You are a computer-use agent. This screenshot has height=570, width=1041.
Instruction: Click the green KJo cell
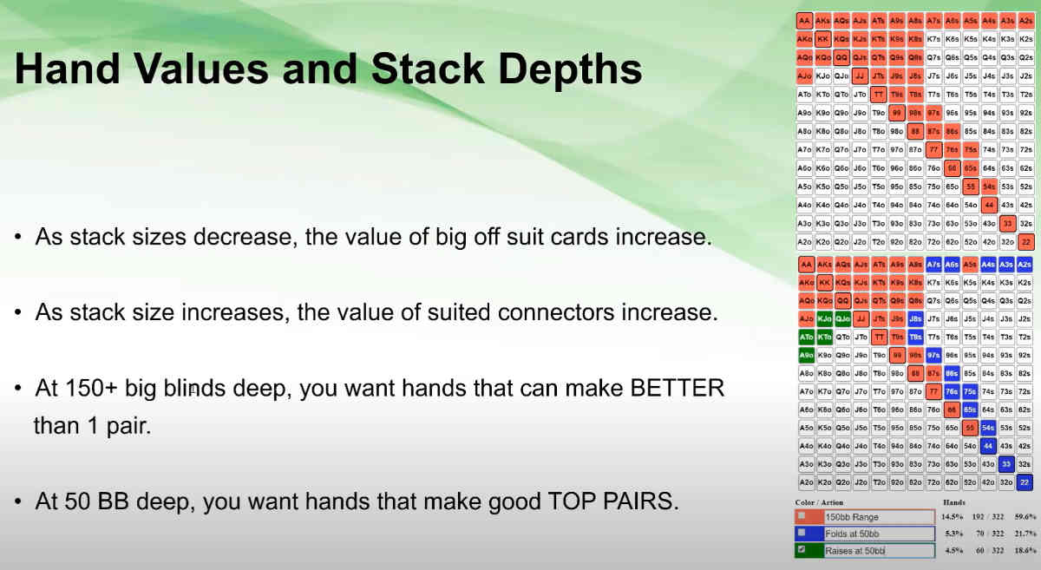[x=823, y=318]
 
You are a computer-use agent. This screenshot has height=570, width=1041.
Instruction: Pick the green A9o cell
[x=805, y=355]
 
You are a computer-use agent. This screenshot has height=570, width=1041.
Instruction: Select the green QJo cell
[x=841, y=318]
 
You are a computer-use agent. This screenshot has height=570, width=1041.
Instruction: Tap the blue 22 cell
[x=1025, y=482]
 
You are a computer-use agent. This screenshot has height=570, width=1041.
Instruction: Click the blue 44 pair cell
[x=988, y=446]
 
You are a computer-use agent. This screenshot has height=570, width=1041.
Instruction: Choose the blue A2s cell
[x=1025, y=264]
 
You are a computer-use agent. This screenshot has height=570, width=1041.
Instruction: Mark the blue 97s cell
[x=933, y=355]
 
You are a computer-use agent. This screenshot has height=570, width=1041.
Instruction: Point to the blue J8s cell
[x=915, y=318]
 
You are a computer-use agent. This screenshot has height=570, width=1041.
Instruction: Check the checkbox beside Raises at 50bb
[x=802, y=550]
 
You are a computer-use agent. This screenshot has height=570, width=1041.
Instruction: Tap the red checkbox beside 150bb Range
[x=802, y=517]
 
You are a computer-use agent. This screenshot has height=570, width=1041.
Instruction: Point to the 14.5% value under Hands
[x=953, y=517]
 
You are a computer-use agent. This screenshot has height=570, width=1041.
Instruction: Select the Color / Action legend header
[x=818, y=502]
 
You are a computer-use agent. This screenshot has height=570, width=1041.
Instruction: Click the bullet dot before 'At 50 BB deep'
[x=18, y=502]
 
